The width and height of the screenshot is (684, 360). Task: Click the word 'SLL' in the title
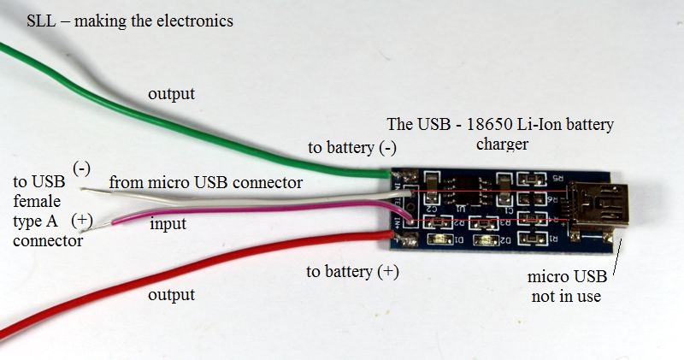coord(40,21)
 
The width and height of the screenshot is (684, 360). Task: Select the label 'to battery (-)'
coord(351,147)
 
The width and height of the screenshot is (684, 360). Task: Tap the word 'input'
coord(168,224)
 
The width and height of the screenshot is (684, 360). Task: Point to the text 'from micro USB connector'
coord(204,182)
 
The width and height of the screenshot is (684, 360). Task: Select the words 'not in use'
coord(565,296)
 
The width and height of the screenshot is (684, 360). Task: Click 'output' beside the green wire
coord(172,92)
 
